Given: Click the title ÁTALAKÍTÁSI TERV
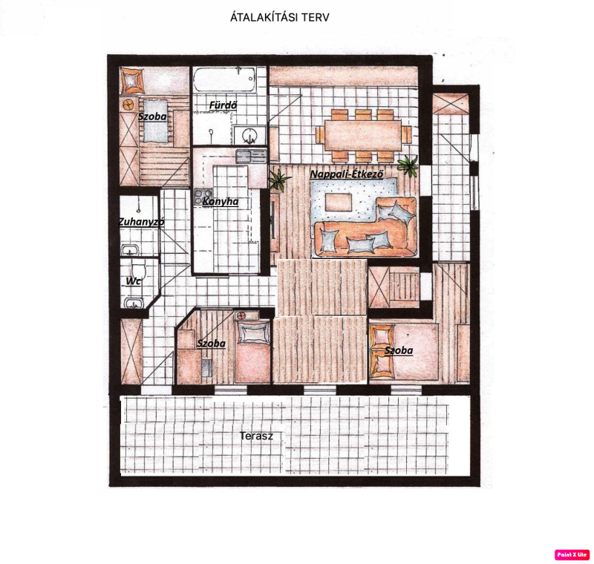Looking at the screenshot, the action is (280, 17).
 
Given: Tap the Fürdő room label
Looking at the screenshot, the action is (223, 105).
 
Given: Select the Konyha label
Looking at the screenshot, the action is (220, 201).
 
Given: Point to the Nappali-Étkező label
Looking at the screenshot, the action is (347, 174).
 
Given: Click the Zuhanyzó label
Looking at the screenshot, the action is (141, 222).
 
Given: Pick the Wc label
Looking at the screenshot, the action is (133, 281).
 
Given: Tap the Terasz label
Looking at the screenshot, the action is (256, 436).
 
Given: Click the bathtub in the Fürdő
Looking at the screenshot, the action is (224, 79).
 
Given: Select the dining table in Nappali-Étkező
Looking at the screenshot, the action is (363, 135).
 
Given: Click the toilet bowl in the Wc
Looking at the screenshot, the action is (139, 269).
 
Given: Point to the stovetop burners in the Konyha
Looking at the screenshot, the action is (198, 196).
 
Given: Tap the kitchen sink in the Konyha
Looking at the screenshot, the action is (251, 156).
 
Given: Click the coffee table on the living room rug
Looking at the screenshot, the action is (339, 202).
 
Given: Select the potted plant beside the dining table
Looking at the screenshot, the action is (408, 165).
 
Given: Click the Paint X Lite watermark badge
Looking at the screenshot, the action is (572, 554).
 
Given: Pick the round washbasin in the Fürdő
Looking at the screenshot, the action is (249, 136).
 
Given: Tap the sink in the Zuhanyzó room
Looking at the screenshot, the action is (130, 250).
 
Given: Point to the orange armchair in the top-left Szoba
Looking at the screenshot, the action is (132, 80).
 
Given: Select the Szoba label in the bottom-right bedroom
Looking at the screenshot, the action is (399, 350).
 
